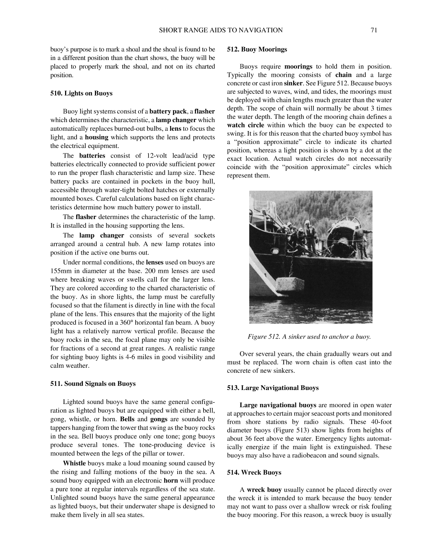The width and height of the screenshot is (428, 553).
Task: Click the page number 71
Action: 373,31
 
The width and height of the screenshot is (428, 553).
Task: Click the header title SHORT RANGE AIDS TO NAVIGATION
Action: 220,31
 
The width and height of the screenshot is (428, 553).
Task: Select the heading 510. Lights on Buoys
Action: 81,93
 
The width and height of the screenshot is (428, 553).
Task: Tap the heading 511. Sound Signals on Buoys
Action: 93,384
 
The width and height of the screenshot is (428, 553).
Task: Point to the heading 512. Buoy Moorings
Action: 257,50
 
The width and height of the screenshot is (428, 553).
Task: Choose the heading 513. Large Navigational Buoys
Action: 273,388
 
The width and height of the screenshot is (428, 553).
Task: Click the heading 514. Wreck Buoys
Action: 254,473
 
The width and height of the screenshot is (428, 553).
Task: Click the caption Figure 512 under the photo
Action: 309,337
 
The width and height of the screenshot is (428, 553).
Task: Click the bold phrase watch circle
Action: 245,125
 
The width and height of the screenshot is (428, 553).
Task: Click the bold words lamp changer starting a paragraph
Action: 101,236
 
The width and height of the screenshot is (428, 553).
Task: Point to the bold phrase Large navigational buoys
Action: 278,405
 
